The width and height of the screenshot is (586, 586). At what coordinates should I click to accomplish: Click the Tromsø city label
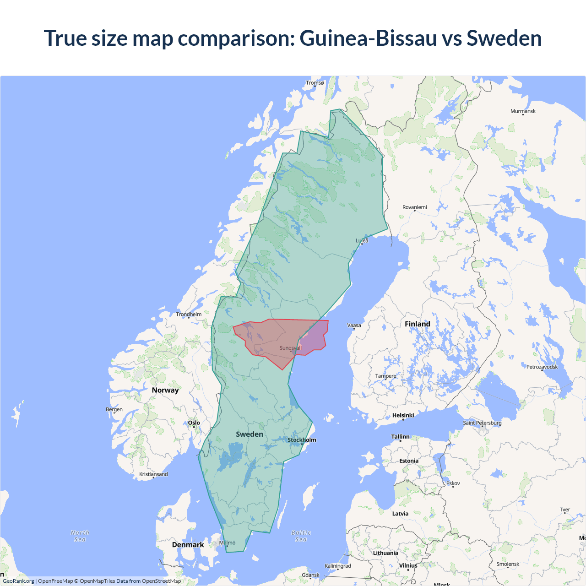pyautogui.click(x=315, y=83)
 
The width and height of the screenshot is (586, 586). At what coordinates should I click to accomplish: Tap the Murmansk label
pyautogui.click(x=523, y=111)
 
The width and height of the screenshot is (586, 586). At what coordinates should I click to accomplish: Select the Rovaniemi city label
pyautogui.click(x=414, y=207)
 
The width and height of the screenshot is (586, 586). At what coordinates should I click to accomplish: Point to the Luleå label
pyautogui.click(x=362, y=240)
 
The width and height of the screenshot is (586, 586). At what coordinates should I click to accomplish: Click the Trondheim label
pyautogui.click(x=189, y=315)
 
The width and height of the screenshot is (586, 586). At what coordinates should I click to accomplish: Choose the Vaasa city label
pyautogui.click(x=354, y=326)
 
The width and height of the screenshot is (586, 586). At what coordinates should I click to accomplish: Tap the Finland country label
pyautogui.click(x=417, y=324)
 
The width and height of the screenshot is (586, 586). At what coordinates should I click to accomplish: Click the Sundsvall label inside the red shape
pyautogui.click(x=291, y=348)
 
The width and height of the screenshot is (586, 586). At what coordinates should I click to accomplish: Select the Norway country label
pyautogui.click(x=165, y=390)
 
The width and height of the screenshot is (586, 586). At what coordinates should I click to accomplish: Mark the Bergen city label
pyautogui.click(x=114, y=409)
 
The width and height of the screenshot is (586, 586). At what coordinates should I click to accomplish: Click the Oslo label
pyautogui.click(x=194, y=423)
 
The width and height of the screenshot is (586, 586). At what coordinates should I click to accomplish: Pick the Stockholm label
pyautogui.click(x=302, y=440)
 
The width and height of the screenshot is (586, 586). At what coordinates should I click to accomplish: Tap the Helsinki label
pyautogui.click(x=403, y=415)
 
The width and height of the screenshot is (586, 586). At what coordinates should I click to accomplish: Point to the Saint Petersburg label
pyautogui.click(x=482, y=423)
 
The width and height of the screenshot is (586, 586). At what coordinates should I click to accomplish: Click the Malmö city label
pyautogui.click(x=227, y=543)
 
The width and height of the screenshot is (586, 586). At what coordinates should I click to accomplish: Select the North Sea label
pyautogui.click(x=80, y=536)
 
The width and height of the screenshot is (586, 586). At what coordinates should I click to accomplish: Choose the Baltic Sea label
pyautogui.click(x=301, y=536)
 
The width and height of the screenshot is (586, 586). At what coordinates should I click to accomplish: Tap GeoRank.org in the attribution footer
pyautogui.click(x=18, y=581)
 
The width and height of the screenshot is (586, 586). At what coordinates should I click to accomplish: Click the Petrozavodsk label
pyautogui.click(x=542, y=367)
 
